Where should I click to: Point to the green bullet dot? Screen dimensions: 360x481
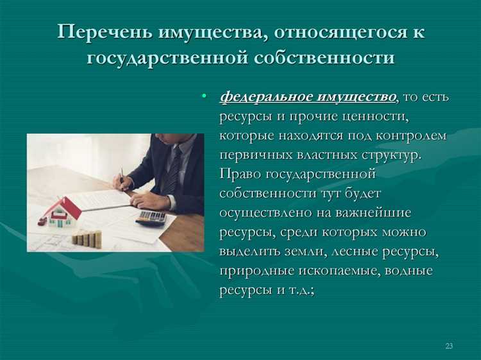204,96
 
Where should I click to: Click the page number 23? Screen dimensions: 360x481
449,346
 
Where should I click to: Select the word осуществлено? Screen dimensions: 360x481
266,212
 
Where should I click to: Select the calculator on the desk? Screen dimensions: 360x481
152,217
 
